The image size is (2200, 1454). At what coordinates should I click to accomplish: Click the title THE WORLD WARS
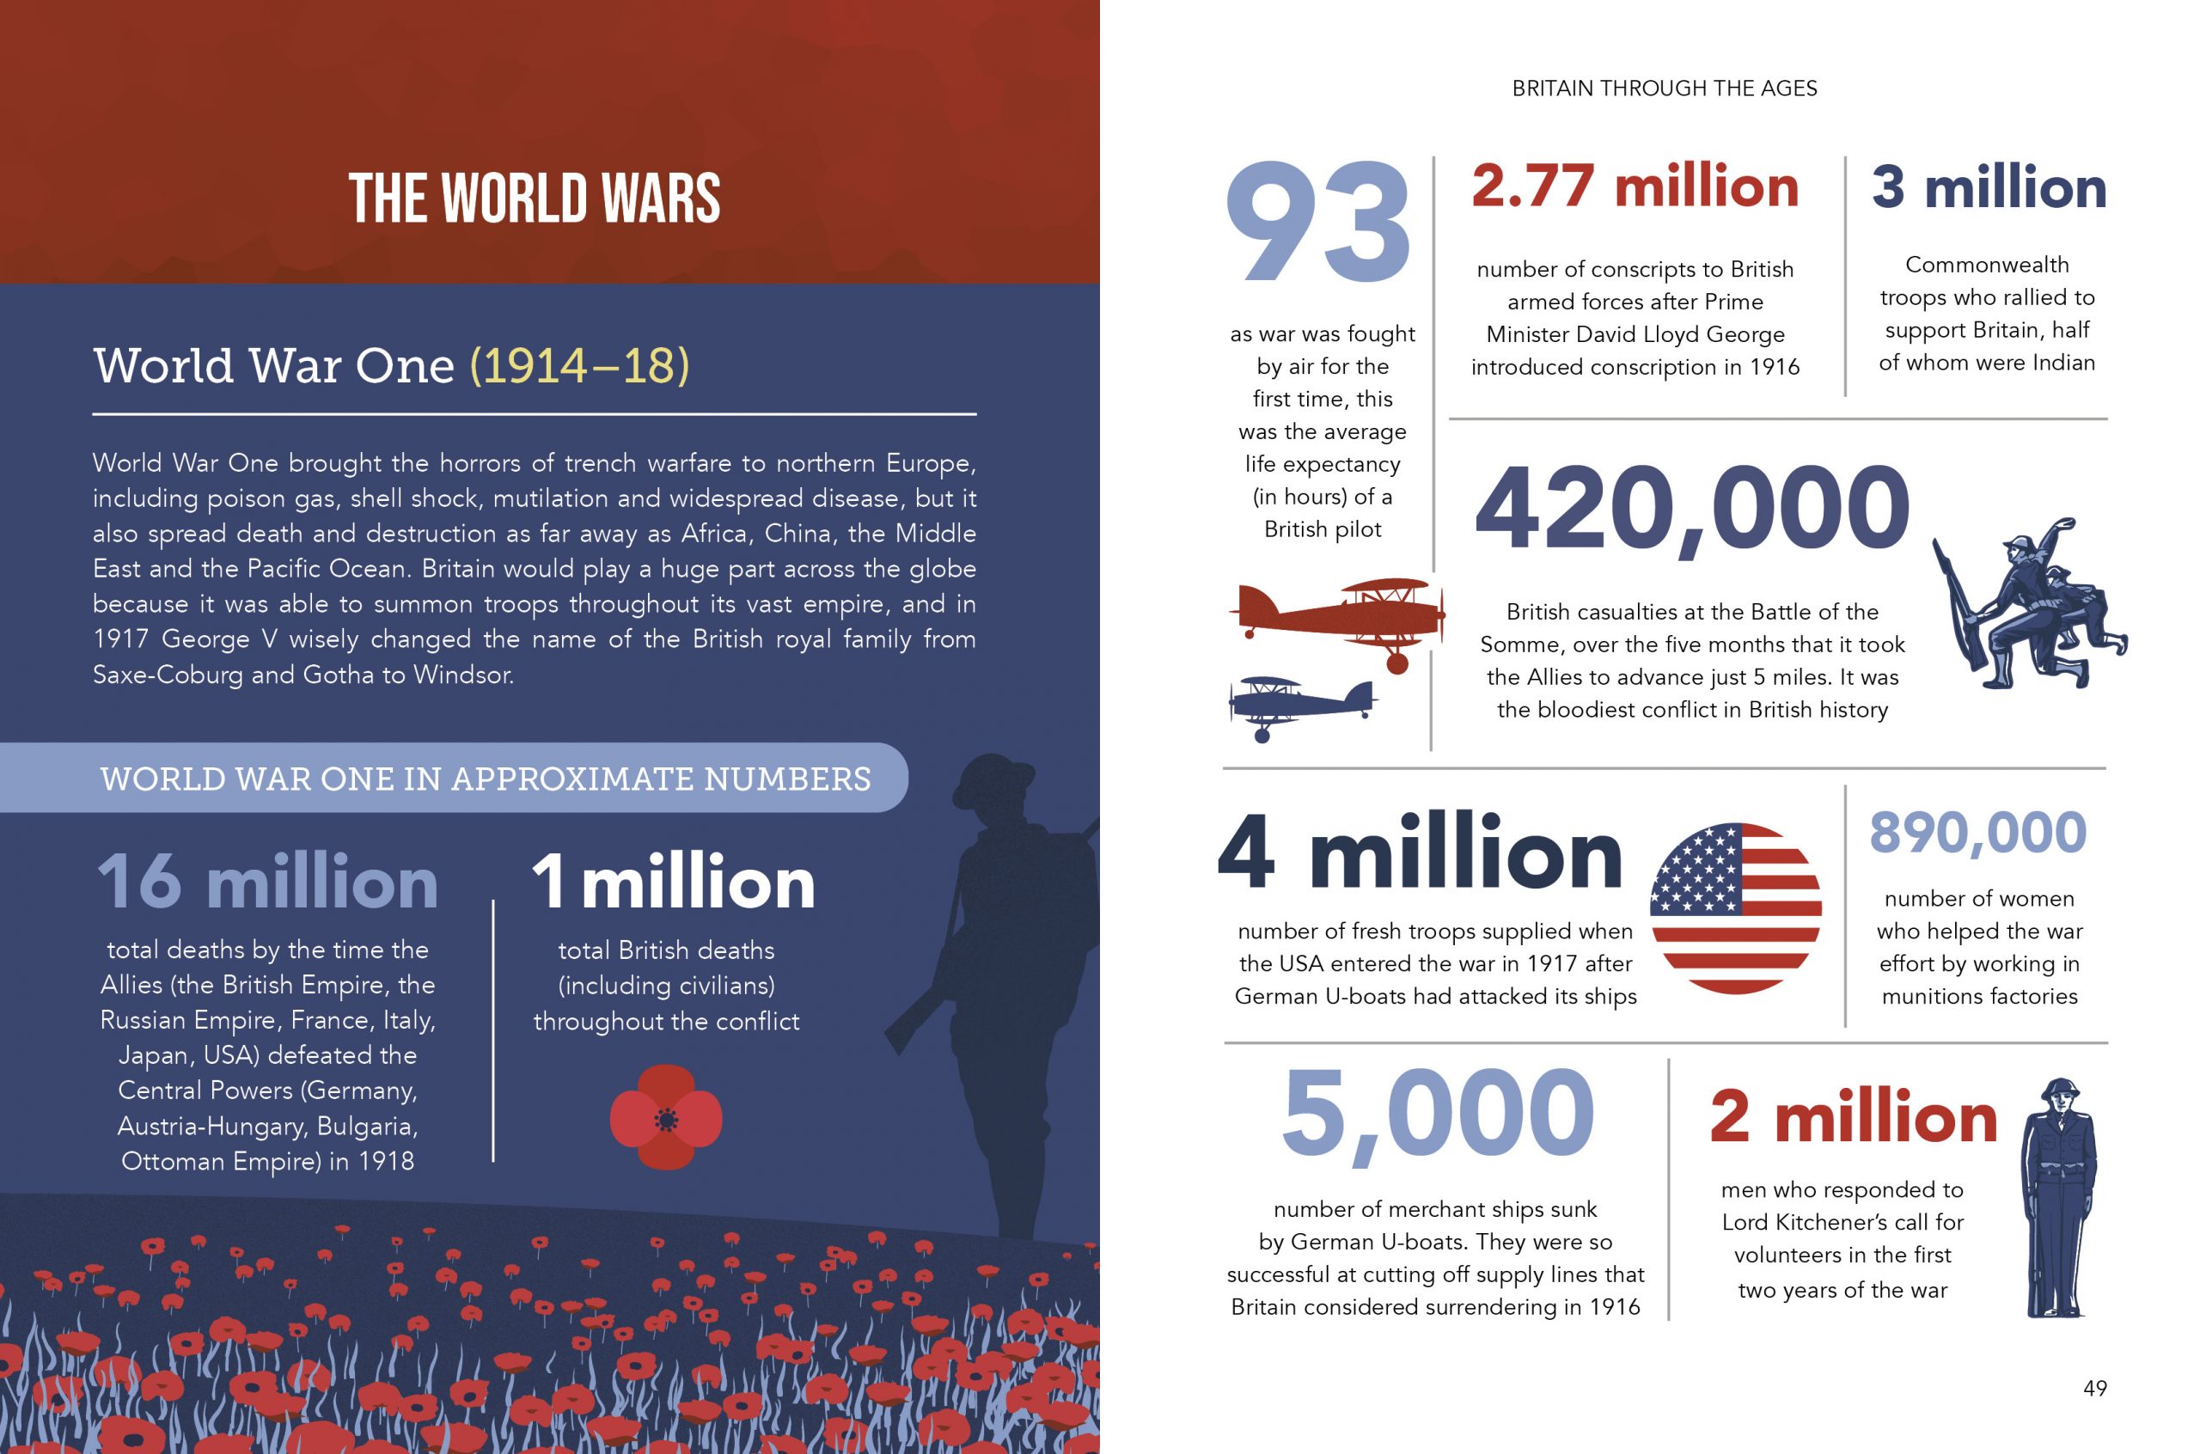(x=535, y=199)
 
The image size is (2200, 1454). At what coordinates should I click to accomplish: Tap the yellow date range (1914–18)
(x=579, y=365)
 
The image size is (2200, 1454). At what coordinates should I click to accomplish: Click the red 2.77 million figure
(x=1635, y=186)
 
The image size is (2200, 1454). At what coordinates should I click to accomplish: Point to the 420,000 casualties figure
(x=1692, y=509)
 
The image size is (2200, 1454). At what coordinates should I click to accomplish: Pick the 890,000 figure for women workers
(x=1977, y=832)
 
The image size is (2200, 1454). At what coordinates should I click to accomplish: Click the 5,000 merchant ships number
(x=1438, y=1114)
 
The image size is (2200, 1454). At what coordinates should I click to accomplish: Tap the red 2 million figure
(x=1854, y=1117)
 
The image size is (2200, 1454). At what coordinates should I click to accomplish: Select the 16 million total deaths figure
(x=267, y=882)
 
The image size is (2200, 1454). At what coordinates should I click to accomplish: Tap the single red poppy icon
(x=666, y=1116)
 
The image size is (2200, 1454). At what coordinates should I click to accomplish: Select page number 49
(x=2095, y=1388)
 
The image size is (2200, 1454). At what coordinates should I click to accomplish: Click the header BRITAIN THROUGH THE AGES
(x=1664, y=89)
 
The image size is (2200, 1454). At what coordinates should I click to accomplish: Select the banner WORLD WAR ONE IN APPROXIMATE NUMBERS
(x=485, y=779)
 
